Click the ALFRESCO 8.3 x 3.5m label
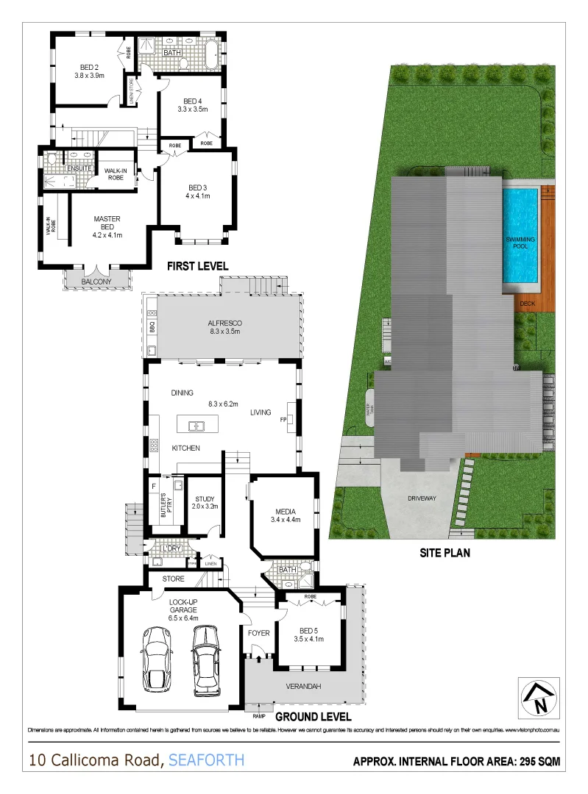tap(224, 327)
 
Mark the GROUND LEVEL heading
tap(313, 716)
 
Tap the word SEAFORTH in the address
tap(206, 759)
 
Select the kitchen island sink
tap(196, 425)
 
